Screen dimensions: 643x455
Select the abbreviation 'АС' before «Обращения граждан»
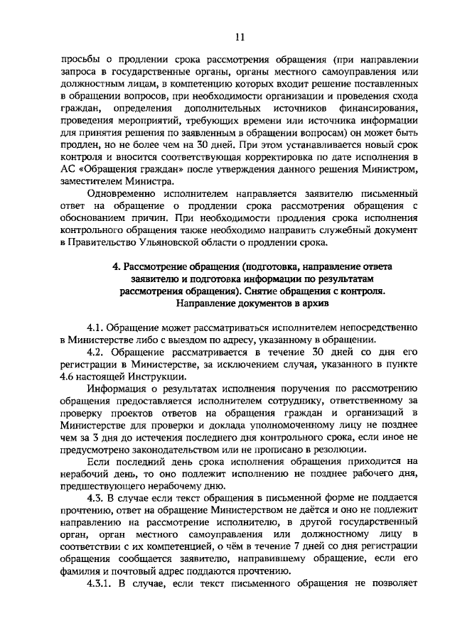70,168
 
